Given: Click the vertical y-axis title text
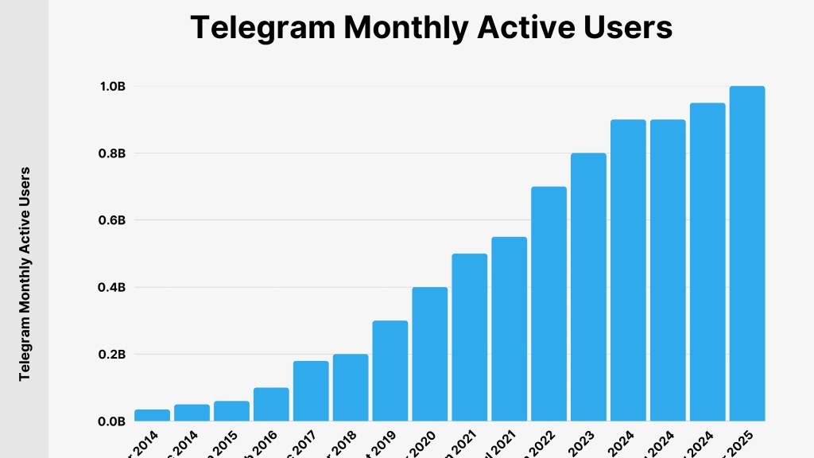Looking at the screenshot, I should click(x=25, y=273).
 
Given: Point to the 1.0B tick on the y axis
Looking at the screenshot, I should click(x=111, y=86).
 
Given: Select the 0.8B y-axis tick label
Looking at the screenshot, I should click(x=111, y=153).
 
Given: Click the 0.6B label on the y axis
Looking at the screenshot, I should click(x=111, y=220).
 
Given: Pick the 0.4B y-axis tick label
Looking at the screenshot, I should click(x=111, y=287).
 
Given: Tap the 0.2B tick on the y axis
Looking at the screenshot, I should click(x=111, y=354).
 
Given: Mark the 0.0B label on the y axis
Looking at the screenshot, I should click(x=111, y=421).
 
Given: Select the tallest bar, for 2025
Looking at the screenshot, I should click(x=746, y=254).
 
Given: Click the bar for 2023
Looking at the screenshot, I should click(x=588, y=286).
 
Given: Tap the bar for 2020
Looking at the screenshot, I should click(x=429, y=354).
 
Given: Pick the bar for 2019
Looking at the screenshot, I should click(x=390, y=371).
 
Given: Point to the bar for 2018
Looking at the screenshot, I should click(x=351, y=387).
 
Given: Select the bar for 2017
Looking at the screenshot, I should click(x=311, y=391).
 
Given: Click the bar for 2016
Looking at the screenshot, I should click(x=271, y=404).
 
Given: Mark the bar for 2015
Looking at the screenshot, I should click(x=231, y=411).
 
